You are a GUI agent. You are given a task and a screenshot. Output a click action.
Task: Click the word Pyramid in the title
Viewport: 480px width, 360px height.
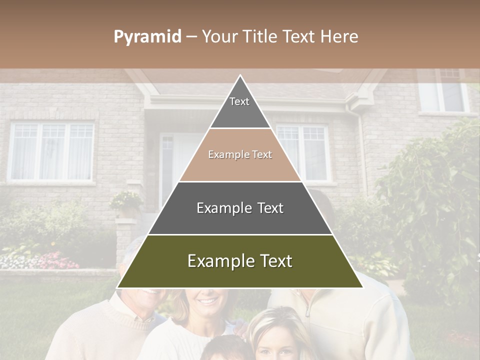click(147, 37)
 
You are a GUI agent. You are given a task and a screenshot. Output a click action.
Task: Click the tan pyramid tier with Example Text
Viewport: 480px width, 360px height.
click(240, 155)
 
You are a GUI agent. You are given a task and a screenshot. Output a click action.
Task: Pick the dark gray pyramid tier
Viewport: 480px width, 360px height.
click(240, 208)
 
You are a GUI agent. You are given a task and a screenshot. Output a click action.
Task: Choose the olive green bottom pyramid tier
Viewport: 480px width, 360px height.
click(240, 261)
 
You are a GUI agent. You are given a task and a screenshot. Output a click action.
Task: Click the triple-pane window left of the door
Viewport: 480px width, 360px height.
click(52, 151)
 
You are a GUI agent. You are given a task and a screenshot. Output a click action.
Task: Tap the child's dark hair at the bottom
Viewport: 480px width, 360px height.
click(227, 347)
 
